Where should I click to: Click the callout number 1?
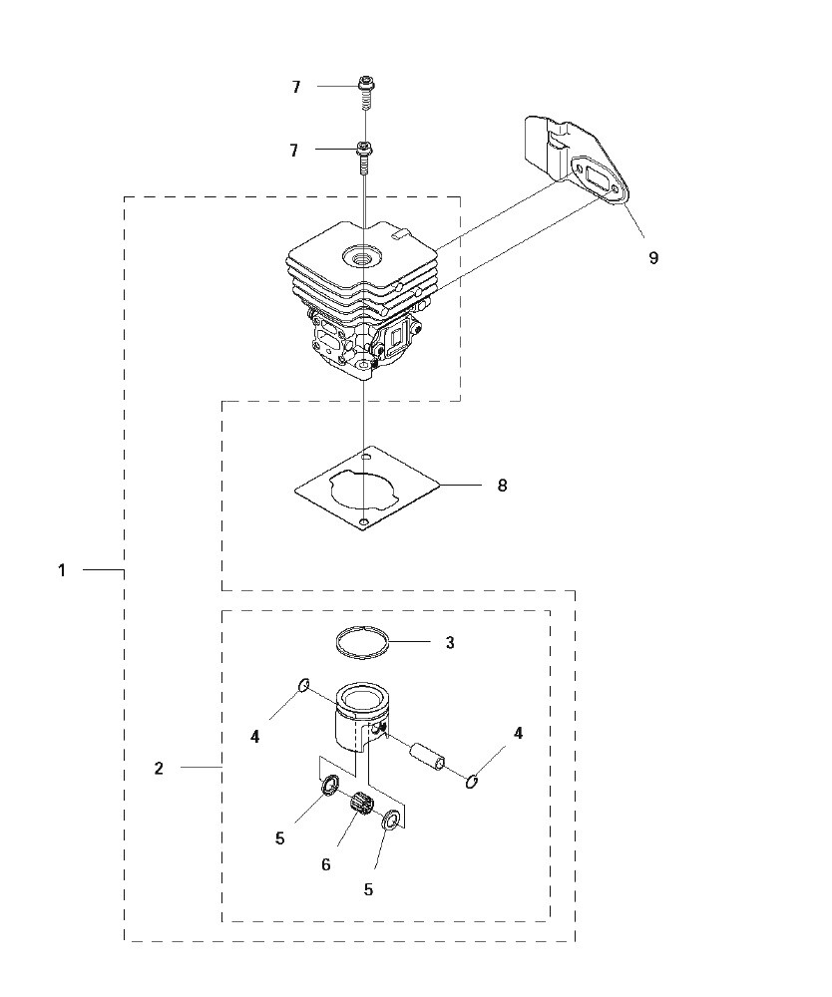pos(62,570)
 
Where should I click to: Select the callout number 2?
pos(159,768)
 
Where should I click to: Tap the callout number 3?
pos(450,643)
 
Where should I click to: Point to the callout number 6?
pos(325,864)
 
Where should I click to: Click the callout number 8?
pos(502,486)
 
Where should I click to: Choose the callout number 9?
pos(653,257)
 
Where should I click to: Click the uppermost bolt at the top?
pos(365,92)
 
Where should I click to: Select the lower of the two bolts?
pos(364,159)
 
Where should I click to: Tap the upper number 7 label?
pos(295,87)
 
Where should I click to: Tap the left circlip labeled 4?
pos(304,685)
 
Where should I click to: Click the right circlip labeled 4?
pos(472,781)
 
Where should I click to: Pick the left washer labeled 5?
pos(330,786)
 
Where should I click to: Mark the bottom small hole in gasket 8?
pos(363,522)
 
